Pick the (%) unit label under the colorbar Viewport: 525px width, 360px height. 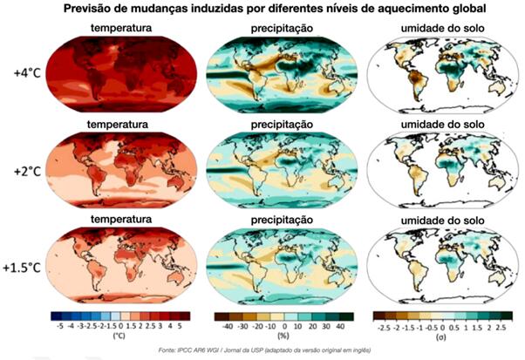[x=281, y=336]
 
